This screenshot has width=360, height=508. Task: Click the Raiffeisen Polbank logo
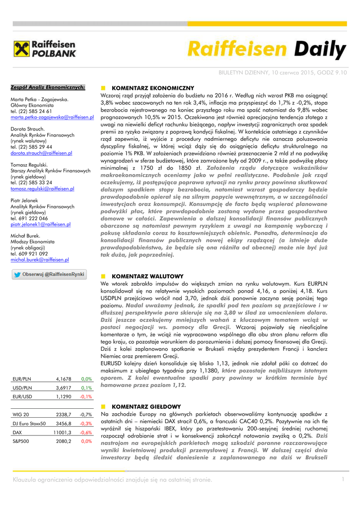point(45,50)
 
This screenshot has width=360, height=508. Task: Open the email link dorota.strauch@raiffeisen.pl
point(41,153)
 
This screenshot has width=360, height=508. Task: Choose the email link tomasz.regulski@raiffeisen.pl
point(42,189)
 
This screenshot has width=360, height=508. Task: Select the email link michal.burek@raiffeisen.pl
point(40,259)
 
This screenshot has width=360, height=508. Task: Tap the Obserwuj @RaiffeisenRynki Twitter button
point(49,274)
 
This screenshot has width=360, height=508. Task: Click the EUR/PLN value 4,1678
point(64,379)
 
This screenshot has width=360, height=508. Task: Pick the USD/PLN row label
point(22,387)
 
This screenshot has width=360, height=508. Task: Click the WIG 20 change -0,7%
point(86,414)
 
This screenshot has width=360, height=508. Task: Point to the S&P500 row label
point(21,441)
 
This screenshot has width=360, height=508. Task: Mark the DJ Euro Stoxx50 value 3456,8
point(64,423)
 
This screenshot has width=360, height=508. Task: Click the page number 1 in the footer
point(343,479)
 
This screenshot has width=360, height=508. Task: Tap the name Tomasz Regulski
point(29,164)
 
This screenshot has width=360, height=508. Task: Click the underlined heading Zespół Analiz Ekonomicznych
point(48,87)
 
